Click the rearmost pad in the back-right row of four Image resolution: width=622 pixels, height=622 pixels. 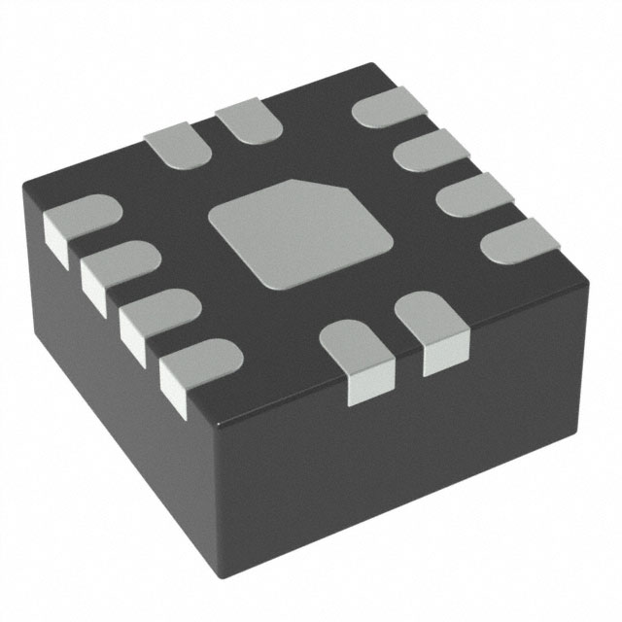(382, 109)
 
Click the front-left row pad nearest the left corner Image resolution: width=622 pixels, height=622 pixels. (78, 222)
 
